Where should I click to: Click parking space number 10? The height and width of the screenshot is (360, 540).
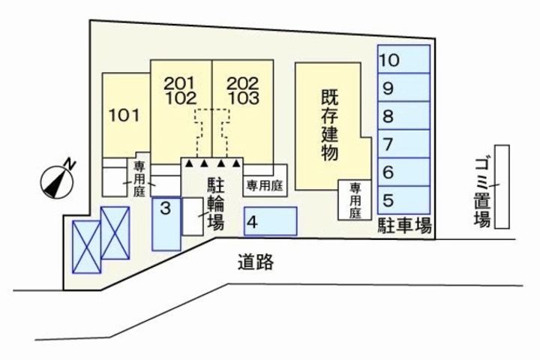point(403,59)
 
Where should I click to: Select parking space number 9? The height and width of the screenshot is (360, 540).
point(403,88)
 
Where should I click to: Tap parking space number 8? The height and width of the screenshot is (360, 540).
point(403,116)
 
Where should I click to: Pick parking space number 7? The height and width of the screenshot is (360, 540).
point(403,144)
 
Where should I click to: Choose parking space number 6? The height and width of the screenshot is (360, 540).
point(403,172)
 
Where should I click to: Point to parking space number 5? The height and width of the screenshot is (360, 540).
point(403,199)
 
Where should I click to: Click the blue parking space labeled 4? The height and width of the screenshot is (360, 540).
point(270,221)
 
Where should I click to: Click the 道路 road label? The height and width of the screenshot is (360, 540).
point(255,262)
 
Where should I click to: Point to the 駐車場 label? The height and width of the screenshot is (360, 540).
point(403,225)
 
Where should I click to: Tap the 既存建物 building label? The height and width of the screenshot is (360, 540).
point(329,124)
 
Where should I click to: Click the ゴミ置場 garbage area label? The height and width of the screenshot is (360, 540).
point(482,192)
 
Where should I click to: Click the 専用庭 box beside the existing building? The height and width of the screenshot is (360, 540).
point(355,200)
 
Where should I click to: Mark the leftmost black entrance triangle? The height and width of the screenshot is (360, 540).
point(190,162)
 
